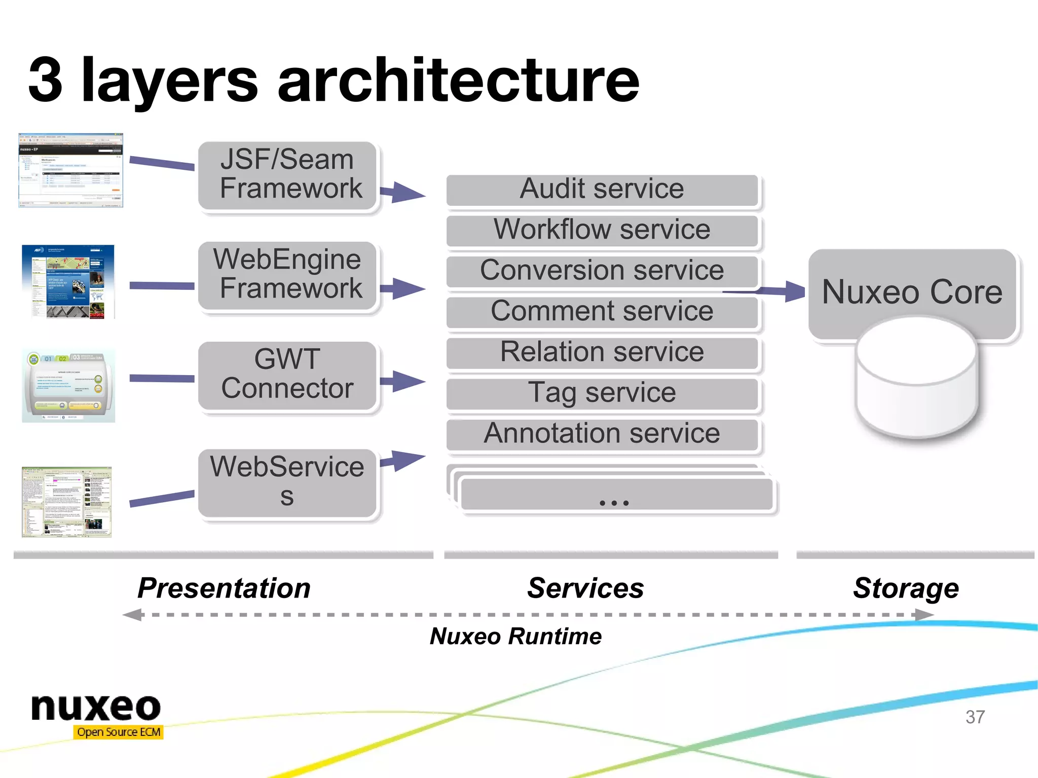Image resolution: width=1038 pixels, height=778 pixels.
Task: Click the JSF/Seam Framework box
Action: pyautogui.click(x=287, y=175)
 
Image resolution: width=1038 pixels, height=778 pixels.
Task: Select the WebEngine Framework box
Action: pyautogui.click(x=287, y=275)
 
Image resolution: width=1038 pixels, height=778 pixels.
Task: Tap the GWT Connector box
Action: pyautogui.click(x=287, y=375)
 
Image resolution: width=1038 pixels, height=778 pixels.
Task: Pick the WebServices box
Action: pyautogui.click(x=287, y=482)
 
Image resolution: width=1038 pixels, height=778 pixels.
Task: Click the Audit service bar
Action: pyautogui.click(x=602, y=190)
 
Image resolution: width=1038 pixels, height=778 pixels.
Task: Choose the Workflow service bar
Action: pyautogui.click(x=602, y=230)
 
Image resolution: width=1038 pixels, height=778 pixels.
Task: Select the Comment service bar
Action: pyautogui.click(x=602, y=312)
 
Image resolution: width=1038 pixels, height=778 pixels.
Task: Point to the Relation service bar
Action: pyautogui.click(x=602, y=352)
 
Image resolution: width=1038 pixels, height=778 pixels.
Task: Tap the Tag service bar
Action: pyautogui.click(x=602, y=393)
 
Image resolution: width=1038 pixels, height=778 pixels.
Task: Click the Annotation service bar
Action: pyautogui.click(x=602, y=434)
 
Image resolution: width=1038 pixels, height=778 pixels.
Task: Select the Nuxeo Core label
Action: pyautogui.click(x=912, y=292)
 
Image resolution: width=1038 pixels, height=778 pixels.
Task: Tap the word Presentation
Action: pyautogui.click(x=224, y=588)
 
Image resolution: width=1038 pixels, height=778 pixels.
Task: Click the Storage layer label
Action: pyautogui.click(x=906, y=588)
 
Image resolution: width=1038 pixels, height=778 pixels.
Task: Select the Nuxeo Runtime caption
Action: pyautogui.click(x=515, y=636)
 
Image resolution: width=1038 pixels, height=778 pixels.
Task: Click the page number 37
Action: pyautogui.click(x=975, y=717)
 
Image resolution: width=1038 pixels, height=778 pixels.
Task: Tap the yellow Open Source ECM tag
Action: pyautogui.click(x=119, y=732)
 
